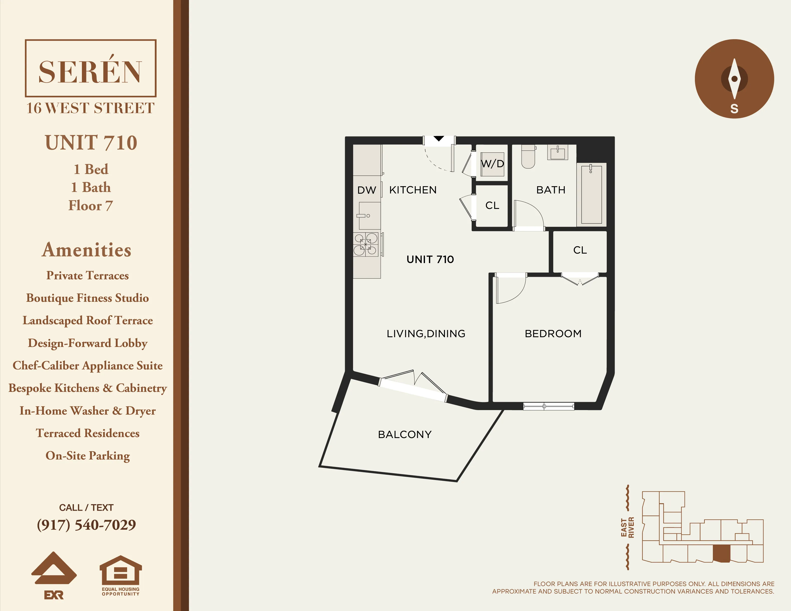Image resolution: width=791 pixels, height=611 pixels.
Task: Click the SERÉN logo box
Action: [x=91, y=68]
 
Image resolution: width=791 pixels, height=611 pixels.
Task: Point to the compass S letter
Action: [x=734, y=109]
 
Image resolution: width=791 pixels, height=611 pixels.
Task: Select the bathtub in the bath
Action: [x=592, y=194]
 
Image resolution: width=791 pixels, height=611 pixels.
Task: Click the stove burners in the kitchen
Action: [x=366, y=244]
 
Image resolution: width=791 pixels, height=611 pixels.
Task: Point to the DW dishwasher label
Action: [x=367, y=190]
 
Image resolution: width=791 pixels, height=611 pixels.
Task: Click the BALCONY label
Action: [x=404, y=434]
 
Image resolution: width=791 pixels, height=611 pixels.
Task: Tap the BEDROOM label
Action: [x=553, y=333]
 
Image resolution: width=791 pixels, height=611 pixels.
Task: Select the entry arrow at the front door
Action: [x=439, y=139]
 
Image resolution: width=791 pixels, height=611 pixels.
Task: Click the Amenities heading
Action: [x=87, y=250]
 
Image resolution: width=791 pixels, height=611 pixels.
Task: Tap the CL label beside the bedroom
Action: [x=580, y=250]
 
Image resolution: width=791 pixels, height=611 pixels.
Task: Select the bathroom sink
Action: [x=557, y=153]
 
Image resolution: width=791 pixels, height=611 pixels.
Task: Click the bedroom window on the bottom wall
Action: [x=548, y=406]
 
